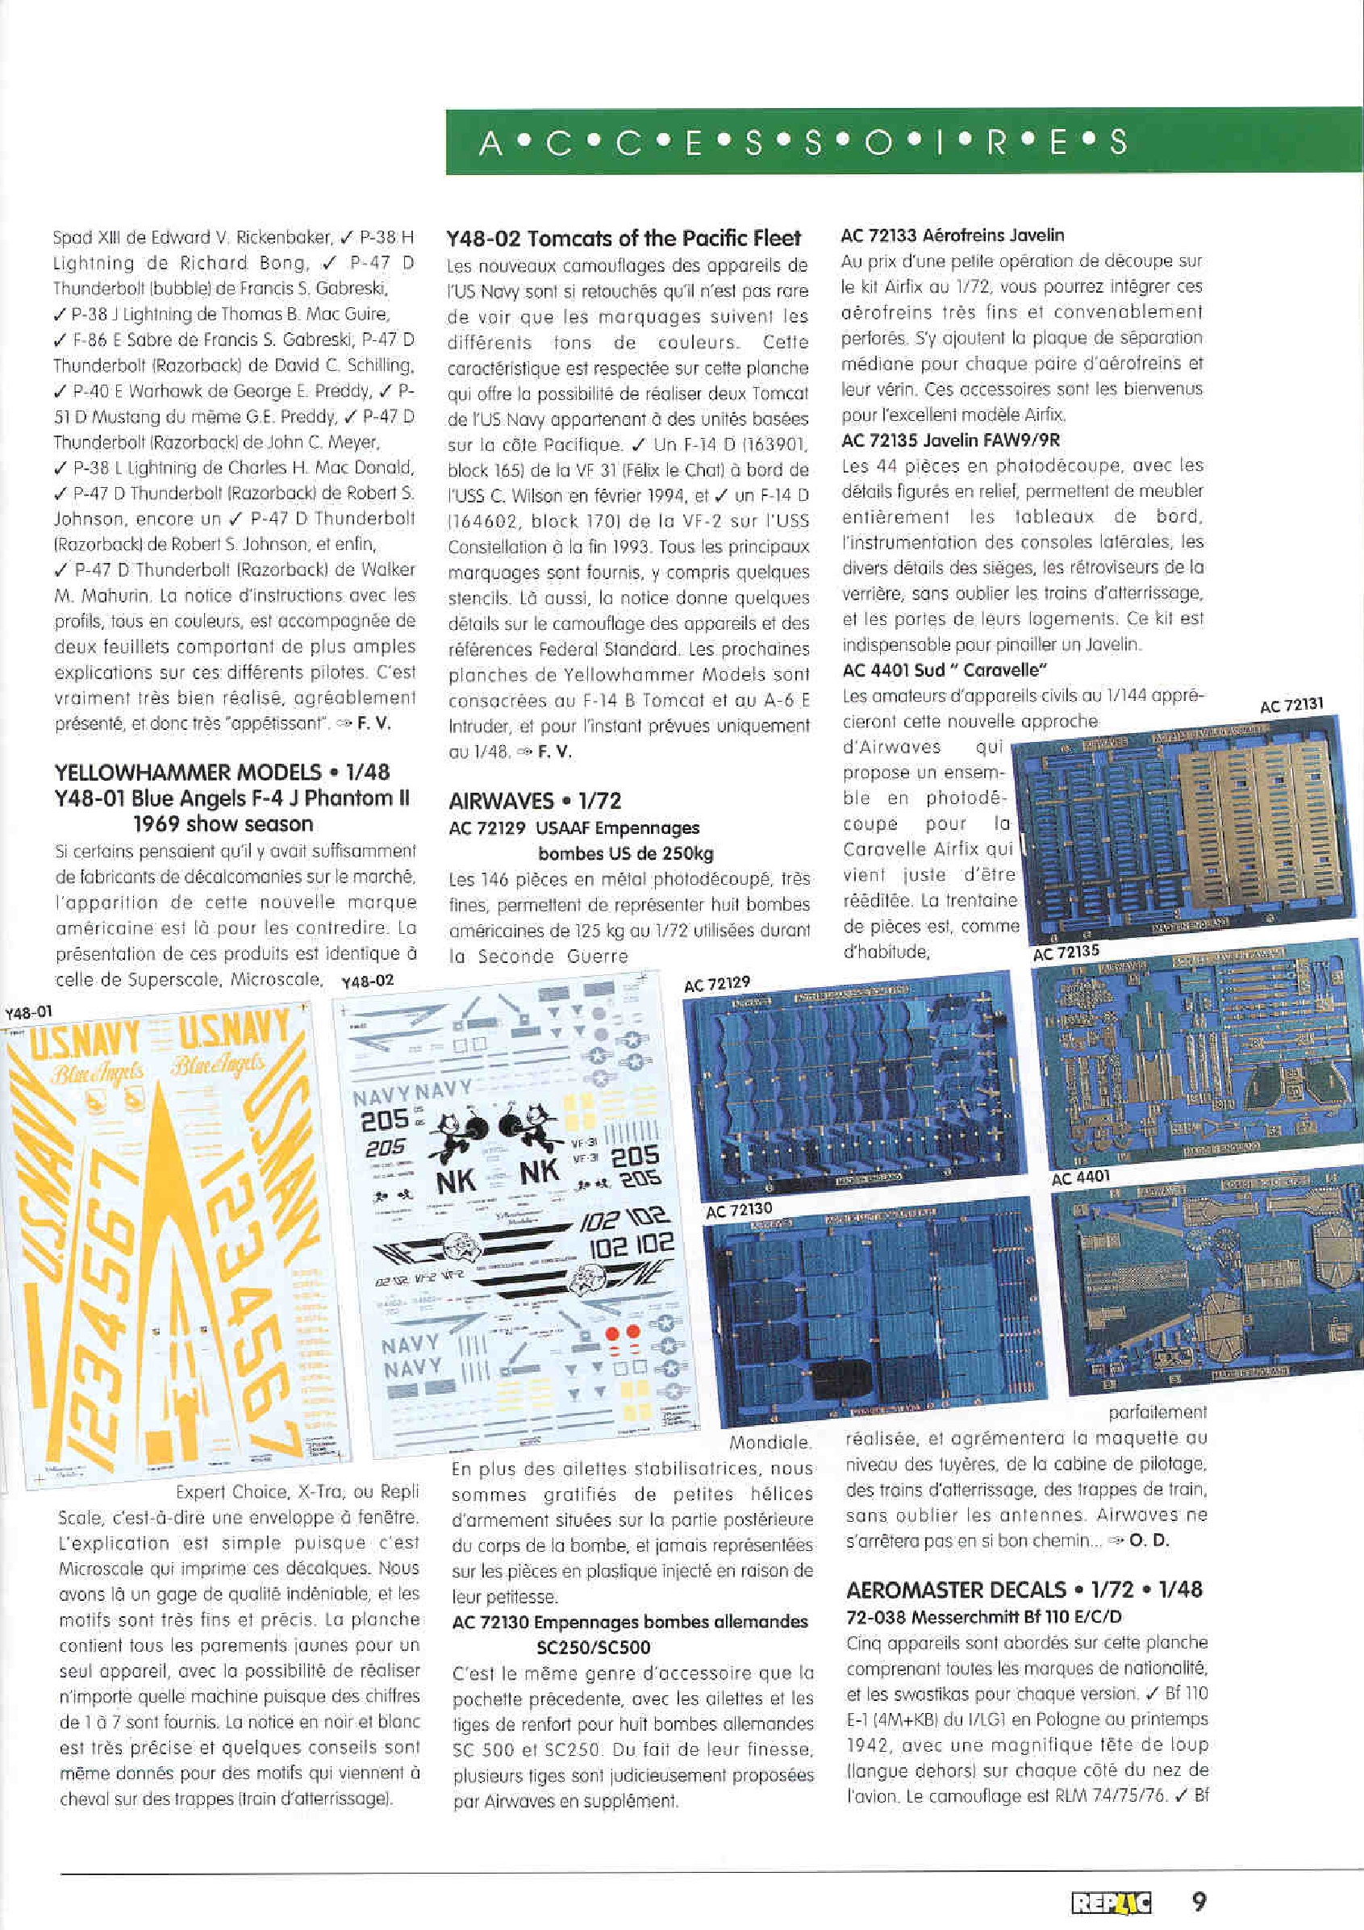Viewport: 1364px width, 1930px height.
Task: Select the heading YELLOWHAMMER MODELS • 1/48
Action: click(x=222, y=773)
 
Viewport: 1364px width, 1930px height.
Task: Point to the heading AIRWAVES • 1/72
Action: click(x=534, y=801)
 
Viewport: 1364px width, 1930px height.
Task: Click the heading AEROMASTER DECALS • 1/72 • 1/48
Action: click(x=1024, y=1590)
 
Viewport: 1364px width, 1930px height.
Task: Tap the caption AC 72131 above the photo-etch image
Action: click(x=1291, y=704)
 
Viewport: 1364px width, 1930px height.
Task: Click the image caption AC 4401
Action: click(x=1081, y=1178)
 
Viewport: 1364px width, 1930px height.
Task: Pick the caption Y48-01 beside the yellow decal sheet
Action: click(x=28, y=1013)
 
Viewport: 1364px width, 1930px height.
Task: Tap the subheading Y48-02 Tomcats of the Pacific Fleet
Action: click(x=624, y=239)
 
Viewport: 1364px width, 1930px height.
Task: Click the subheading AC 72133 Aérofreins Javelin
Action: click(x=952, y=236)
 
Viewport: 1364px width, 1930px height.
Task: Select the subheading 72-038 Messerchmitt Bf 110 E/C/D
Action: click(x=984, y=1616)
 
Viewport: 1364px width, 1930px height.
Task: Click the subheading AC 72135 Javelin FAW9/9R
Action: click(x=950, y=440)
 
